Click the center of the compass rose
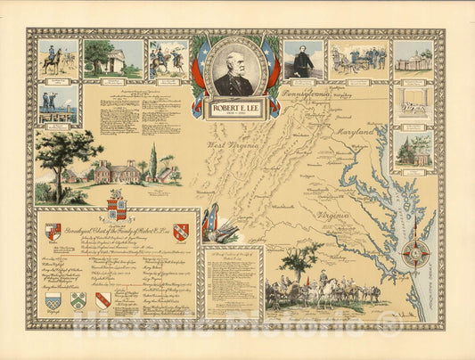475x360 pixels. point(415,252)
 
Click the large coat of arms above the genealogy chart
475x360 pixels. point(117,205)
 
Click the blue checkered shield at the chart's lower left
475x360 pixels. point(53,301)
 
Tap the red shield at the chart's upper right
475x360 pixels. point(181,233)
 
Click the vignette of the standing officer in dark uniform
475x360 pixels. point(303,60)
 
